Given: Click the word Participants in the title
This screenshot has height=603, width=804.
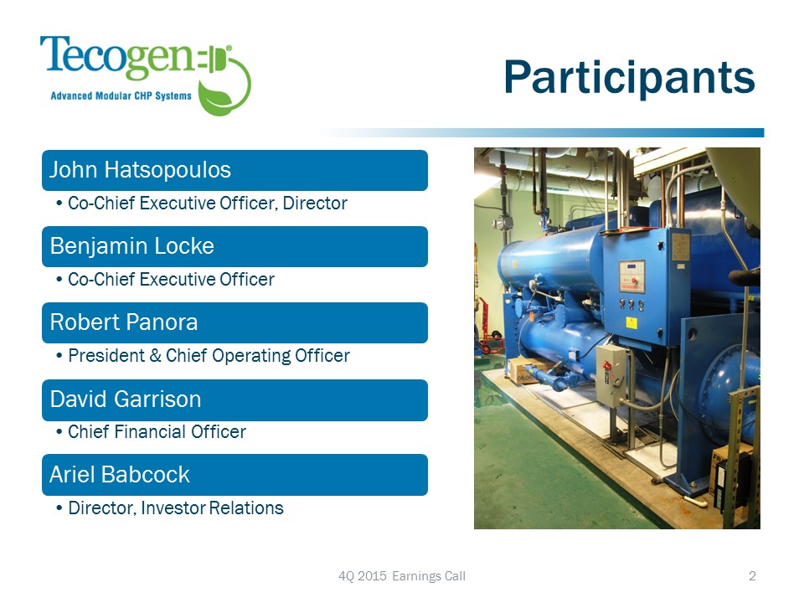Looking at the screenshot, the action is (629, 77).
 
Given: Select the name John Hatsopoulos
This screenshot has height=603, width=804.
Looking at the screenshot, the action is (140, 170).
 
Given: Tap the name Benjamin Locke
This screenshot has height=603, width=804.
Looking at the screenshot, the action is (131, 246).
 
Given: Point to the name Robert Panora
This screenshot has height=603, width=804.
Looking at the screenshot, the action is (124, 322).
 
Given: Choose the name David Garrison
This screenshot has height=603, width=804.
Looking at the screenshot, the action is (126, 399).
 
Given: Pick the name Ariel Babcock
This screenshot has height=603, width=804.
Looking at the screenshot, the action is (120, 474).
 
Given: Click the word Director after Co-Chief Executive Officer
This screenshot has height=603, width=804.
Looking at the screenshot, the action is (315, 203).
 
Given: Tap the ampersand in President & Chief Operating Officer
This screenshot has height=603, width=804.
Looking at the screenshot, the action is (156, 355).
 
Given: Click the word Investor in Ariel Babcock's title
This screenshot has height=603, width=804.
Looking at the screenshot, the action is (173, 508).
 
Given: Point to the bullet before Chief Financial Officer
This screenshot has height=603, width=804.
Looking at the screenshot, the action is (59, 432).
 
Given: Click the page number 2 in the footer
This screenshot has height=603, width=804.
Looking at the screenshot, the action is (752, 576).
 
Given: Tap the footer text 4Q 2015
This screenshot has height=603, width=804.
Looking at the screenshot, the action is (363, 576).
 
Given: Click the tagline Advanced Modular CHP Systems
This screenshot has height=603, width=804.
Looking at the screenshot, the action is (121, 95).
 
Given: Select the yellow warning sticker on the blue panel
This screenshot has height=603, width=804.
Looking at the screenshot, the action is (631, 322).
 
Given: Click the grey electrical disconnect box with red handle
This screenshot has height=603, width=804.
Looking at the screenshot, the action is (611, 375).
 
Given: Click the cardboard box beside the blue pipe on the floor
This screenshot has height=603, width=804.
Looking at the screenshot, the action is (527, 370).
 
